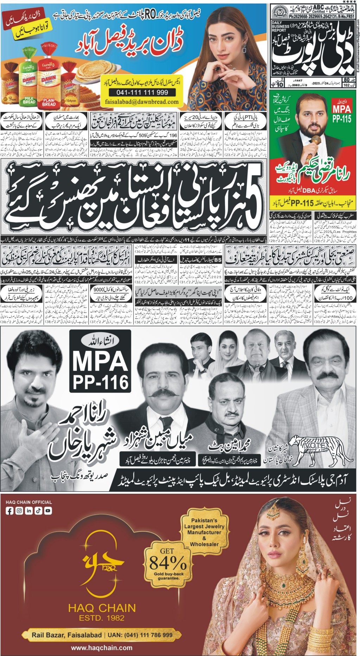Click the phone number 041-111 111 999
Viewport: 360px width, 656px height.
point(143,92)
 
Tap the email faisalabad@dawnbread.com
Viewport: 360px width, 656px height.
point(142,102)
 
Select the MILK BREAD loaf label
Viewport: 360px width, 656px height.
point(29,100)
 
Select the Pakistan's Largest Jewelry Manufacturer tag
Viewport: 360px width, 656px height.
point(204,532)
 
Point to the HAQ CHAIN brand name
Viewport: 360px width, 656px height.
point(102,608)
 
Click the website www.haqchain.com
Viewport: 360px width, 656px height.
point(102,648)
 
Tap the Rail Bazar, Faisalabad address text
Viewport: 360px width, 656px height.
point(67,635)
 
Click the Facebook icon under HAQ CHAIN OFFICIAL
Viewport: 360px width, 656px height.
point(10,511)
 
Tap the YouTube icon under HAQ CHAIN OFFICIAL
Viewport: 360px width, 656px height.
point(48,511)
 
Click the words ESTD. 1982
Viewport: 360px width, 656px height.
point(102,618)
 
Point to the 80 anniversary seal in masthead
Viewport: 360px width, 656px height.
point(280,13)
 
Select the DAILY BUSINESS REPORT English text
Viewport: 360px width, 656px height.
point(280,26)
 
